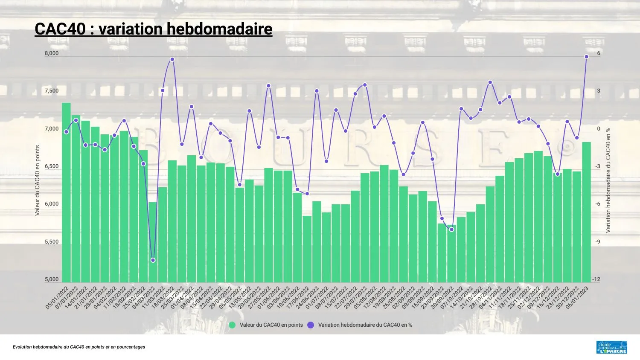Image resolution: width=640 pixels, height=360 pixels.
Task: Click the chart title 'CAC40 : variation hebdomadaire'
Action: click(153, 29)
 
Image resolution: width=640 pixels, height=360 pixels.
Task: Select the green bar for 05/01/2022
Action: click(66, 192)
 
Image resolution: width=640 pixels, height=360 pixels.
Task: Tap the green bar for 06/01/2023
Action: click(586, 212)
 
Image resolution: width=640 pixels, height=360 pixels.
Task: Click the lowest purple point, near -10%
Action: click(153, 260)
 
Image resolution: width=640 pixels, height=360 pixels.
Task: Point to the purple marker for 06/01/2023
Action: click(586, 57)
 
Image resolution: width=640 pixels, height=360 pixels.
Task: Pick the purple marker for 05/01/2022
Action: click(66, 132)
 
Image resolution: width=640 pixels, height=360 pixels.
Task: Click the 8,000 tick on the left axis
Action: click(52, 53)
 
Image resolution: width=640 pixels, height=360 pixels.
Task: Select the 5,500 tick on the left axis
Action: click(52, 242)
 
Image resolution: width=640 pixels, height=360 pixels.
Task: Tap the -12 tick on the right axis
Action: click(596, 279)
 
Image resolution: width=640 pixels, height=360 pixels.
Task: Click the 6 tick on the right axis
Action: click(599, 53)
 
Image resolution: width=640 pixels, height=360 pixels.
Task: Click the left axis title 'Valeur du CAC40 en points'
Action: click(38, 180)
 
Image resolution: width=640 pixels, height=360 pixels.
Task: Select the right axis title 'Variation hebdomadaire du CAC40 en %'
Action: click(608, 180)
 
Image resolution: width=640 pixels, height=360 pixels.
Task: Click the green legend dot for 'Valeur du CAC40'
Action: click(232, 325)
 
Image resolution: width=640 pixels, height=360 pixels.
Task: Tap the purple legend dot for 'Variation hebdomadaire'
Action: click(311, 325)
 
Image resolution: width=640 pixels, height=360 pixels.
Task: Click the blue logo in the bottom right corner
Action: click(612, 347)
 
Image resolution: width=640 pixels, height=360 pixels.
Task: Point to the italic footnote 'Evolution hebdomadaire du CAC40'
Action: click(79, 347)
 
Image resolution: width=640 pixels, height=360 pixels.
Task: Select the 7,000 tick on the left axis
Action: click(52, 129)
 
